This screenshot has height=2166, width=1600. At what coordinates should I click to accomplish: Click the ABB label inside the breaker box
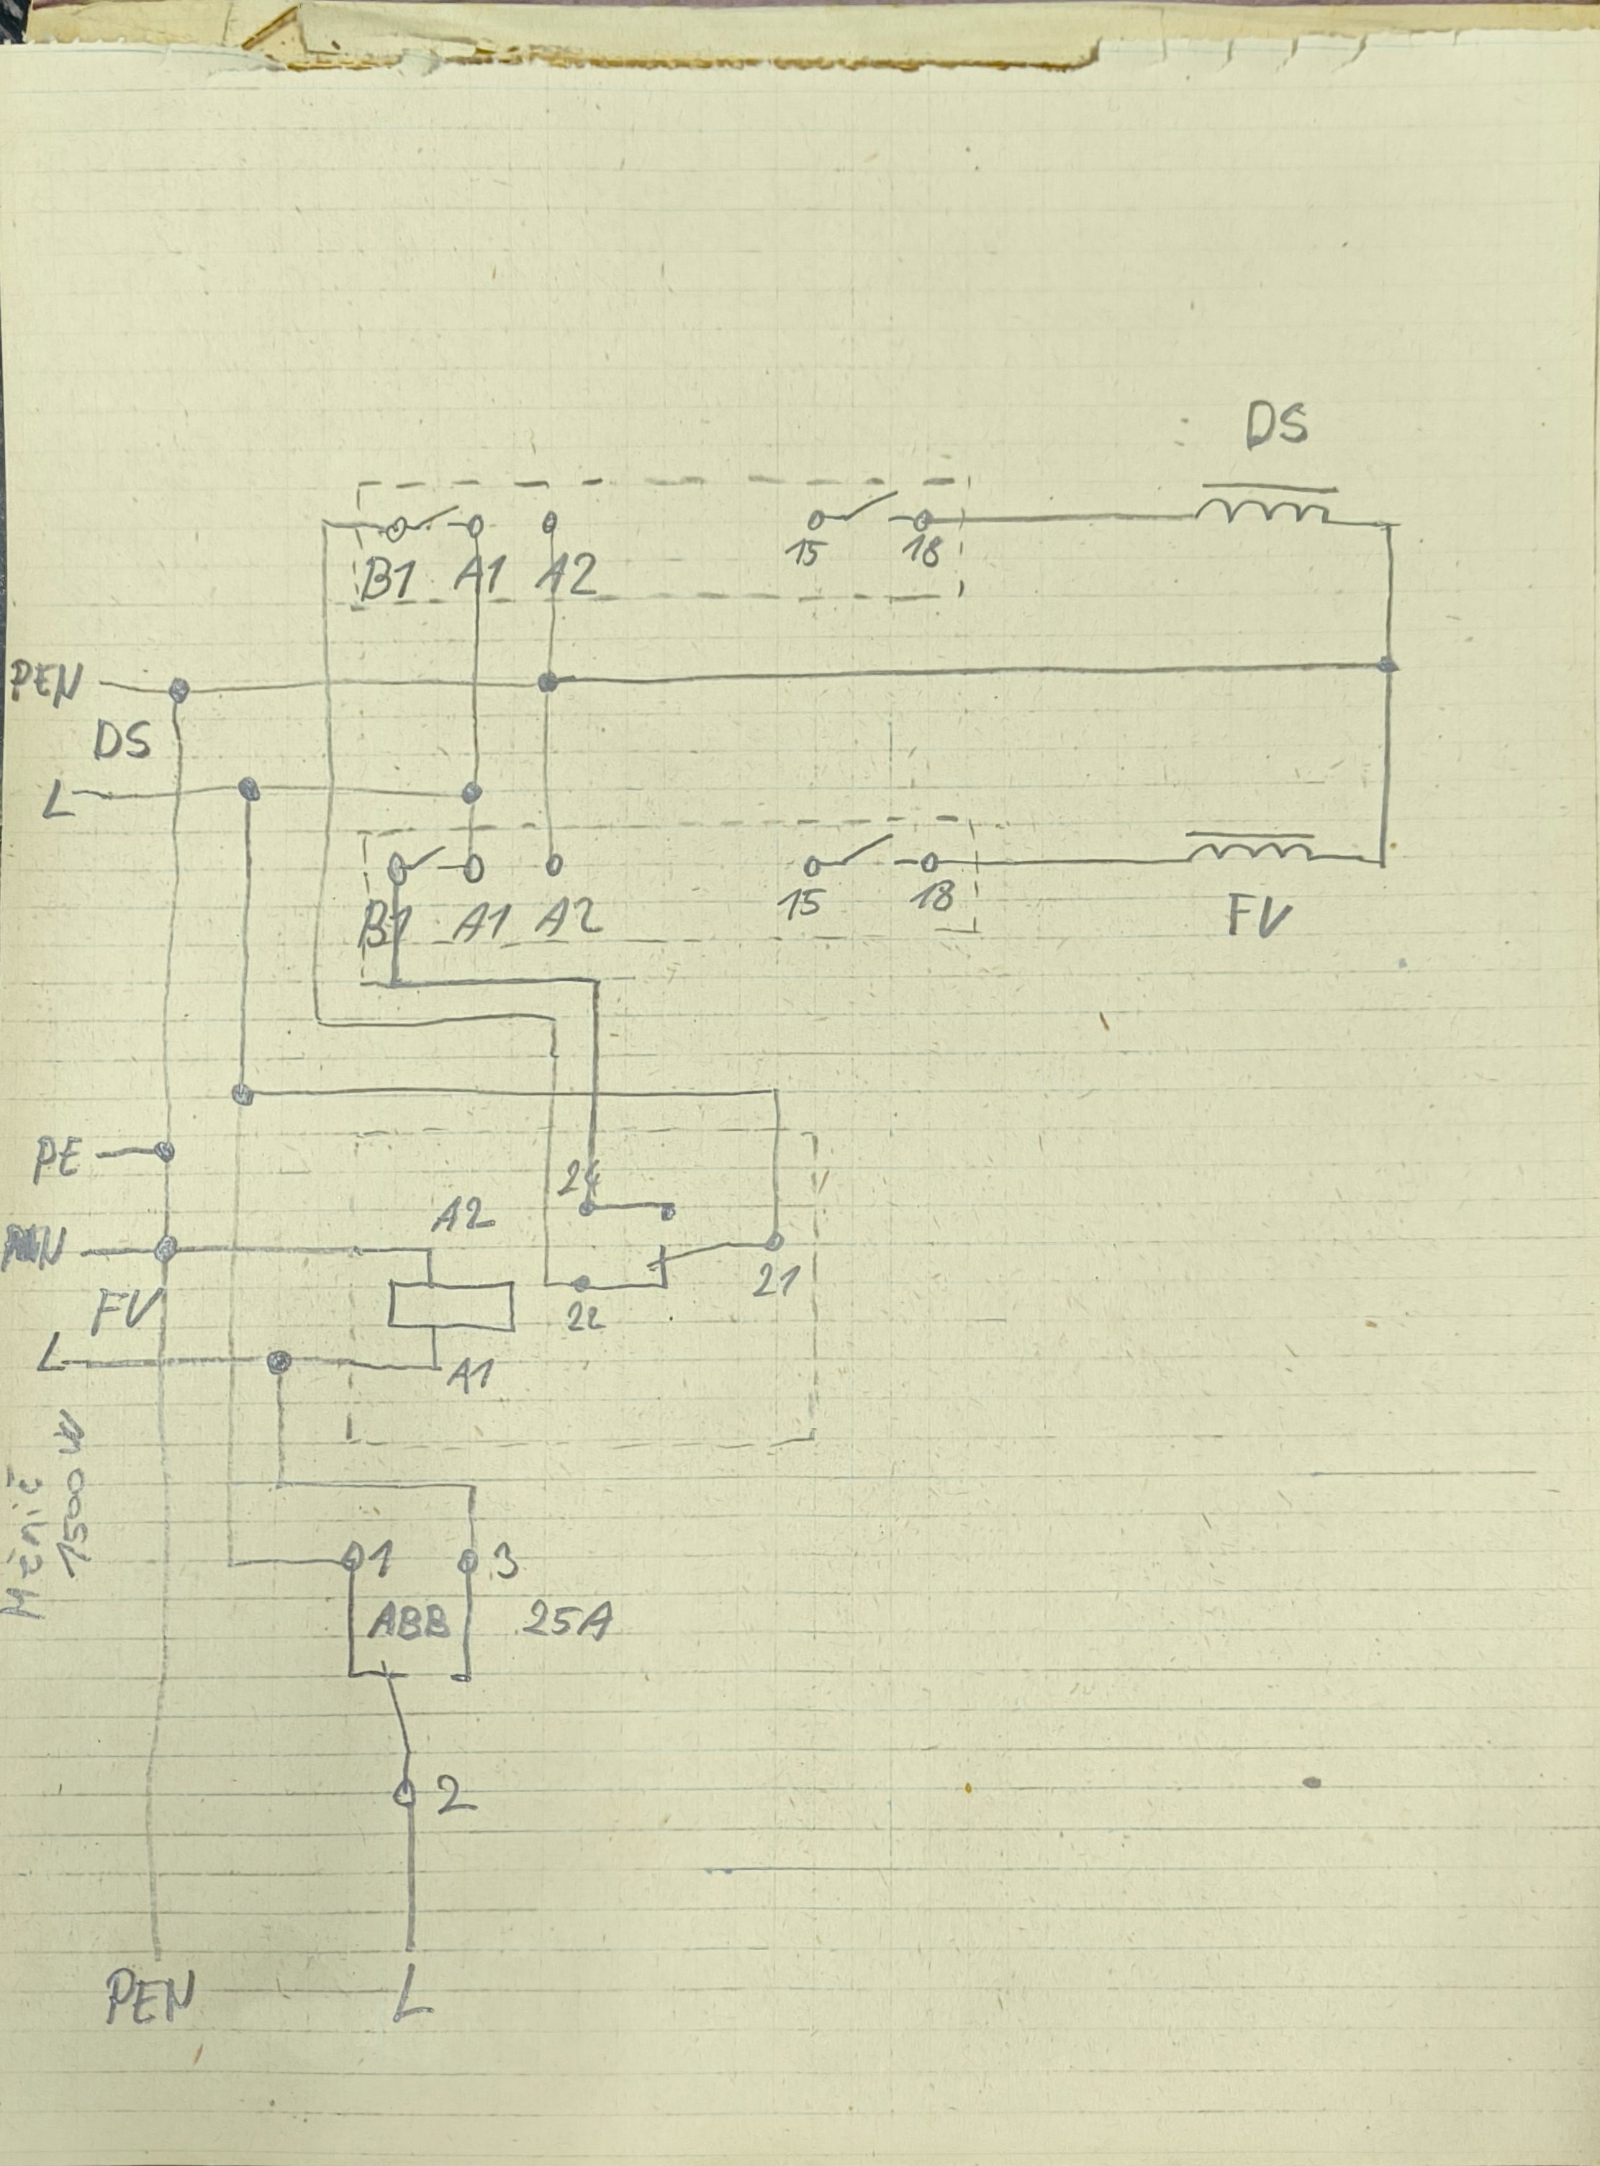409,1623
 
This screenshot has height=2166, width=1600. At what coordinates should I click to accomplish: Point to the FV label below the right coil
1259,917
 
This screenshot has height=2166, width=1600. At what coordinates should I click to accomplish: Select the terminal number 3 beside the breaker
505,1563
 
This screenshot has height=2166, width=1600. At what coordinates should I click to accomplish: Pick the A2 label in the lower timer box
569,916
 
